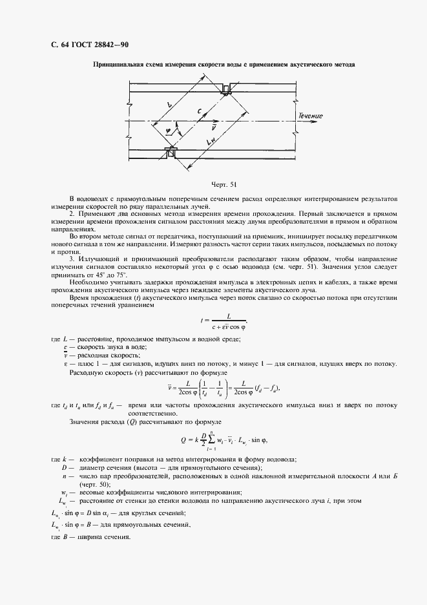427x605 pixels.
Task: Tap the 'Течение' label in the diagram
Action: (x=310, y=116)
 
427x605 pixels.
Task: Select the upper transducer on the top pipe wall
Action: (x=227, y=89)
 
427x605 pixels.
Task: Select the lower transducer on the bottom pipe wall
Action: (x=171, y=153)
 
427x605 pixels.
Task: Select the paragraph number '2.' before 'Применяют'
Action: (x=72, y=212)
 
